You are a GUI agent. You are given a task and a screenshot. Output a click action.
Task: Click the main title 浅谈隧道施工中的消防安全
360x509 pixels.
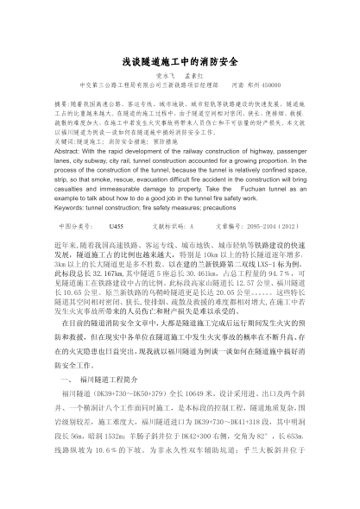[x=180, y=62]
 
